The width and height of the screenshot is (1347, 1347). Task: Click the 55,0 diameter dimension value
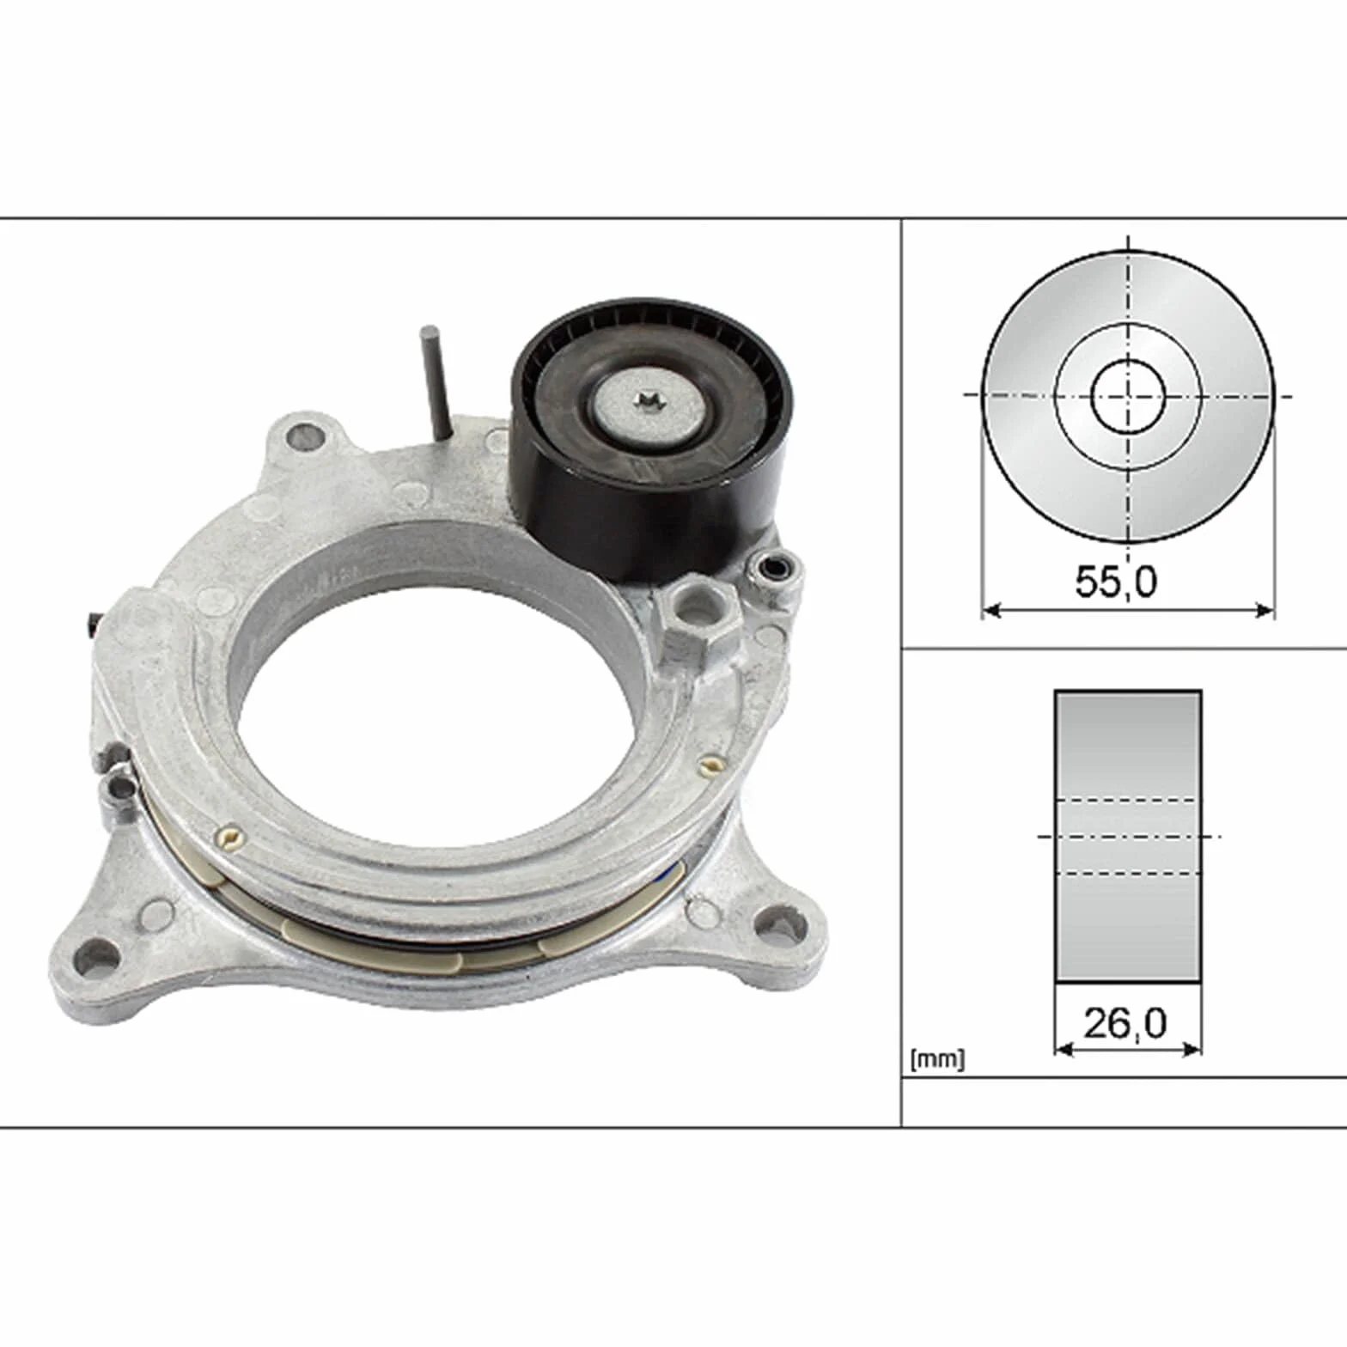[x=1116, y=582]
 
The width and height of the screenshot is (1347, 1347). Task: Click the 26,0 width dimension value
[x=1125, y=1023]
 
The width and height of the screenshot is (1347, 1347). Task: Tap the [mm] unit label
[x=937, y=1059]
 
